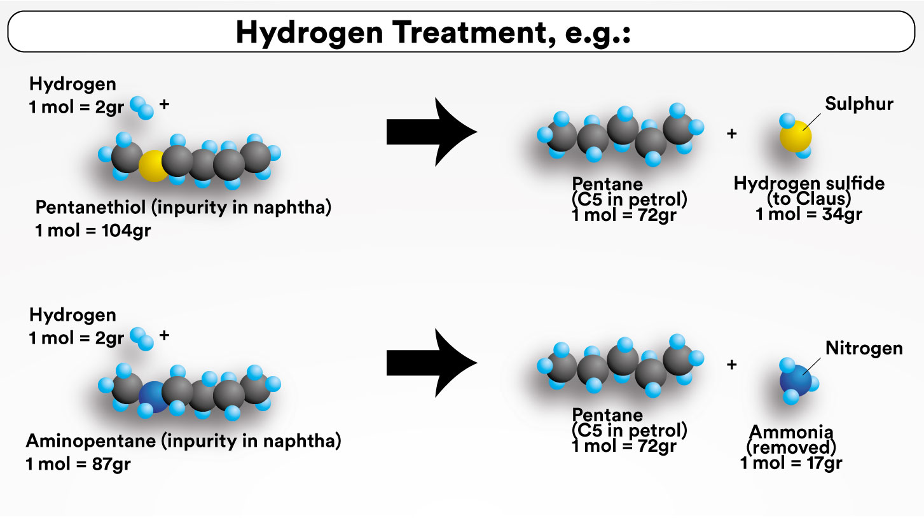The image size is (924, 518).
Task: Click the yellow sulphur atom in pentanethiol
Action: coord(153,166)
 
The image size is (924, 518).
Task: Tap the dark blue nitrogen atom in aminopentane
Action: coord(153,398)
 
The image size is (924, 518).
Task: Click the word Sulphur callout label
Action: coord(859,104)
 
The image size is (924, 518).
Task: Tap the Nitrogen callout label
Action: coord(864,348)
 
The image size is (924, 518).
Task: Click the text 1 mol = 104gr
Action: coord(93,230)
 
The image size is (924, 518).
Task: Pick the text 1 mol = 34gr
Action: coord(808,214)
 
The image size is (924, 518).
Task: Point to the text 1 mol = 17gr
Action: coord(790,463)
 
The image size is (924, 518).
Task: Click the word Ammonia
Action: coord(791,431)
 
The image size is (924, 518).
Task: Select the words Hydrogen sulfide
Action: coord(809,184)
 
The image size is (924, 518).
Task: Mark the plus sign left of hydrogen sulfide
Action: coord(731,134)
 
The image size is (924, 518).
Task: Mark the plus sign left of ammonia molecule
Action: coord(731,365)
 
